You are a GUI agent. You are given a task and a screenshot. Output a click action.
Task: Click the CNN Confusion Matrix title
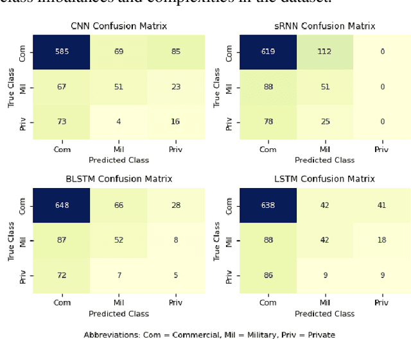point(118,26)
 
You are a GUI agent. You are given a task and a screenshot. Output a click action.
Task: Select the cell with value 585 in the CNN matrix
point(62,51)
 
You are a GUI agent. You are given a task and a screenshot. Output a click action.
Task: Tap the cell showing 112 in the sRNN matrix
point(325,51)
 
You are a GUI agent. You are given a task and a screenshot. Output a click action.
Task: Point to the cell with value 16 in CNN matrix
point(175,122)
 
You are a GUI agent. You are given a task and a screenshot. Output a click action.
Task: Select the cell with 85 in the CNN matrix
point(175,51)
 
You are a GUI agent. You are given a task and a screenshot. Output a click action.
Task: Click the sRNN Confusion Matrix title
point(324,26)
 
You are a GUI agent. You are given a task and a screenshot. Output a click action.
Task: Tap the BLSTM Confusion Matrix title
point(118,179)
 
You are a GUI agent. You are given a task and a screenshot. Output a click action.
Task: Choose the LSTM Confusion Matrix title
point(324,179)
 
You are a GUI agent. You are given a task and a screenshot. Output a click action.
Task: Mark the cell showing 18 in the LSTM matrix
point(381,240)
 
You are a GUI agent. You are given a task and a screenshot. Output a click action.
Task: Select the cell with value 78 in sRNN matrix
point(268,122)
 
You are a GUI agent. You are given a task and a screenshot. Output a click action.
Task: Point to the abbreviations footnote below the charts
point(209,334)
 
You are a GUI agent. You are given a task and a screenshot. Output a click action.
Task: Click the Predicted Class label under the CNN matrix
point(118,160)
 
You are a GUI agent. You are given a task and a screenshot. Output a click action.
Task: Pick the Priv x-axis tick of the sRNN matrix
point(381,150)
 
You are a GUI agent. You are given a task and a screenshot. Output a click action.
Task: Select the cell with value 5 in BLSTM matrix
point(175,275)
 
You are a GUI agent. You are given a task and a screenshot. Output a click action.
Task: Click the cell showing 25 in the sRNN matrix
point(325,122)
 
